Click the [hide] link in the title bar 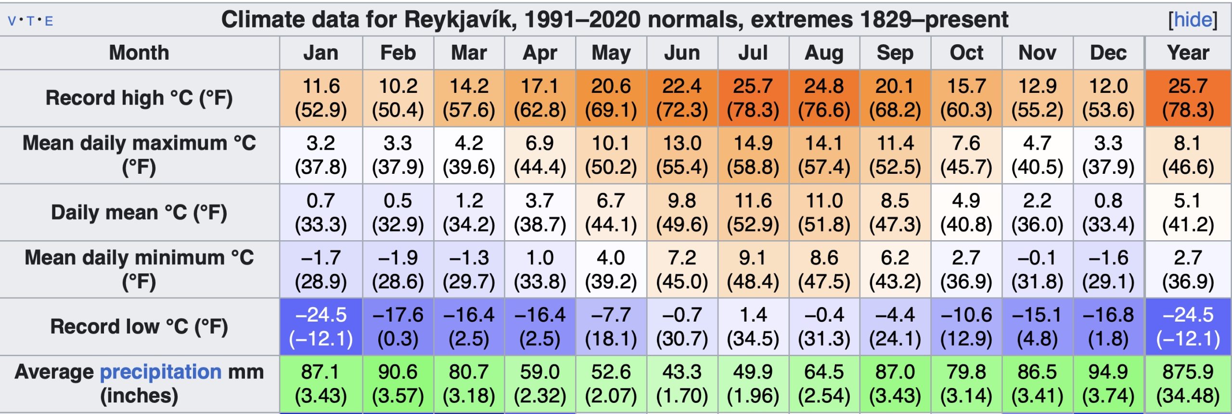click(x=1193, y=20)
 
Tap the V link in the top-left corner click(x=12, y=21)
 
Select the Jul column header click(x=753, y=52)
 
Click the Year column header click(x=1188, y=52)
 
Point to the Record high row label click(x=139, y=98)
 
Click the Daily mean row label click(x=139, y=212)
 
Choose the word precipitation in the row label click(x=161, y=372)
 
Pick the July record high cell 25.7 click(x=753, y=98)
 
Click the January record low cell click(x=321, y=326)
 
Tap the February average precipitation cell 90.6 click(x=398, y=384)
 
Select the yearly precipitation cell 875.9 click(x=1188, y=384)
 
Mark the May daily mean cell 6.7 click(x=611, y=212)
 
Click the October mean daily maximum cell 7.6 click(x=966, y=155)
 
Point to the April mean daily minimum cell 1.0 click(x=540, y=269)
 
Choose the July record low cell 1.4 click(x=753, y=326)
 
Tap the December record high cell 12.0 click(x=1108, y=98)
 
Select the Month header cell click(x=139, y=52)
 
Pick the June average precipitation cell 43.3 click(x=682, y=384)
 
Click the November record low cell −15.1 click(x=1037, y=326)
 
